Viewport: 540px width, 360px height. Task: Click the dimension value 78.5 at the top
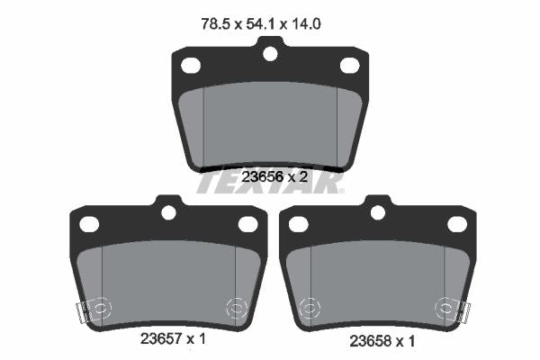215,24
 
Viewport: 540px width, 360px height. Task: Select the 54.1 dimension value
260,24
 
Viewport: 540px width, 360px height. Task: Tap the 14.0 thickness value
306,24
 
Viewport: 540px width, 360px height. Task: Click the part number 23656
262,177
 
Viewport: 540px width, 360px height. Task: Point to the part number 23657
161,339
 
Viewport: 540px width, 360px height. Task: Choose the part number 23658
370,341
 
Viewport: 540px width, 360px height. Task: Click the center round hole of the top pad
270,54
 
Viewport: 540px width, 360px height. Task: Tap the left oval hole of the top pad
191,66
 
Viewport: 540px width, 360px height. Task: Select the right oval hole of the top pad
350,66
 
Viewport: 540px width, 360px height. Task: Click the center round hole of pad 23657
169,212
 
